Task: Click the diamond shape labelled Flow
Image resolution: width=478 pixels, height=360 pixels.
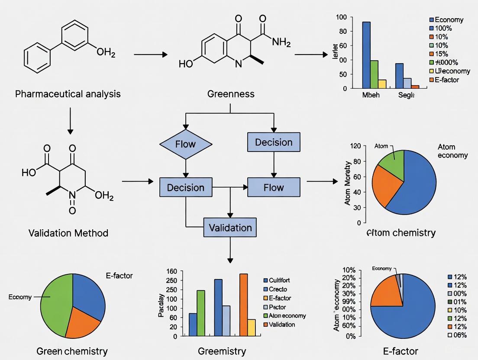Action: click(186, 145)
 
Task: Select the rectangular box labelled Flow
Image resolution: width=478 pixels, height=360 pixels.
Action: click(273, 187)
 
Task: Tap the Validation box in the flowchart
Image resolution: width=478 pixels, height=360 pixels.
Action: click(230, 227)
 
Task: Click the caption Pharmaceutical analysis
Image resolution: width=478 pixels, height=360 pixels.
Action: click(68, 93)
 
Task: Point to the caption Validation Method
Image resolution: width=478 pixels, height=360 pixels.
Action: click(68, 233)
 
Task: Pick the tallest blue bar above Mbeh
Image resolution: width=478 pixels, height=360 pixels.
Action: click(366, 55)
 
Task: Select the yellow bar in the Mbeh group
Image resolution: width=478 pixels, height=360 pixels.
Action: click(382, 84)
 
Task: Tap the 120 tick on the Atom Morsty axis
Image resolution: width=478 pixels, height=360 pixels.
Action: click(355, 146)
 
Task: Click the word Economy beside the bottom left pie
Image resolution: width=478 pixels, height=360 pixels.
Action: click(20, 297)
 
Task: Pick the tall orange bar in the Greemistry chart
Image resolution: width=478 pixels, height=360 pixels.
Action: click(243, 305)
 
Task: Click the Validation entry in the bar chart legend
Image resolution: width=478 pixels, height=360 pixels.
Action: click(281, 325)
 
